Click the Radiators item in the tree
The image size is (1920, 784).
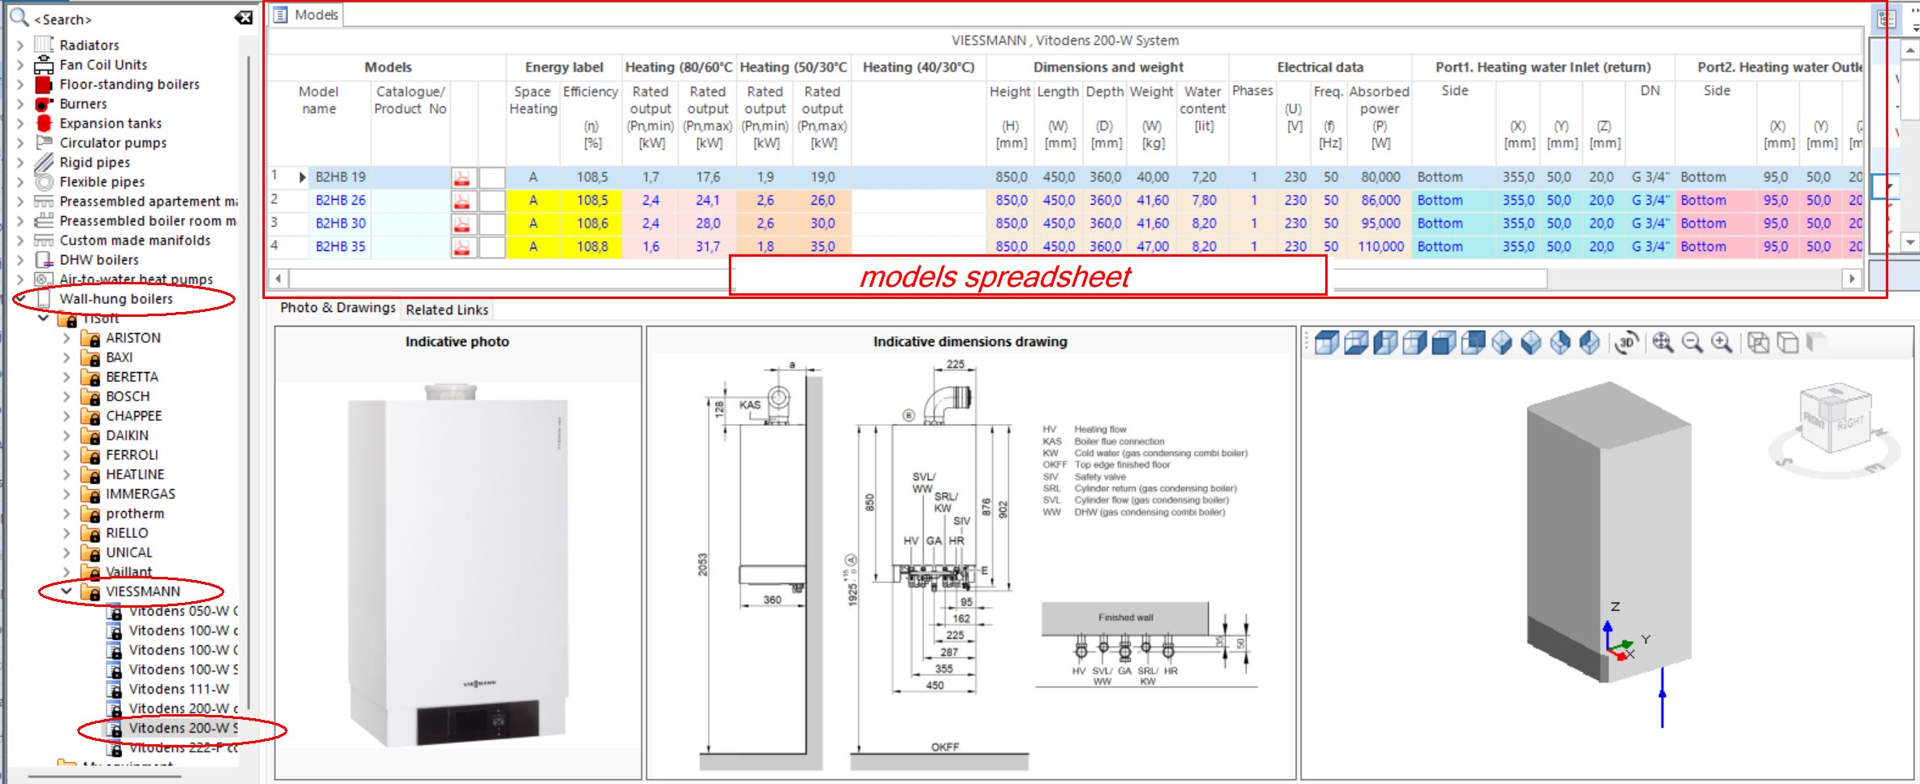point(89,45)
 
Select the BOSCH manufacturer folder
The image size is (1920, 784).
point(128,396)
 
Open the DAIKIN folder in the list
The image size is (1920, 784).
point(127,435)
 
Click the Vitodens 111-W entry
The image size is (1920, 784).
point(179,689)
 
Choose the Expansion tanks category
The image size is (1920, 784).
point(110,123)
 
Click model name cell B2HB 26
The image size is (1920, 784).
point(340,200)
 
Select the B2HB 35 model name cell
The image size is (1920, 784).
point(340,246)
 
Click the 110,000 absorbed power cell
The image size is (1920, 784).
point(1380,246)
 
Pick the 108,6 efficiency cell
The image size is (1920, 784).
point(592,223)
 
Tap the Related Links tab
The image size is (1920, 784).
point(447,310)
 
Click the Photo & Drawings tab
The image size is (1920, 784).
point(337,308)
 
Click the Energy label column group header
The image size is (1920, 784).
point(564,67)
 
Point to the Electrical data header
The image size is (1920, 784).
point(1320,67)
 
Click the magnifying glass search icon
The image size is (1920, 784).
point(19,17)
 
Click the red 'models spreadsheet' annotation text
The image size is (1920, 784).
point(995,277)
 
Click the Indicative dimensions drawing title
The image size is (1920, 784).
point(970,342)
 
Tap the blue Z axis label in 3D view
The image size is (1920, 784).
point(1615,606)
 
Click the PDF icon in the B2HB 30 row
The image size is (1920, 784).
point(462,223)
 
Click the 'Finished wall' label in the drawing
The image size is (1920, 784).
point(1125,617)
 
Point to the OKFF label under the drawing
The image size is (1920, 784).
point(945,747)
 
